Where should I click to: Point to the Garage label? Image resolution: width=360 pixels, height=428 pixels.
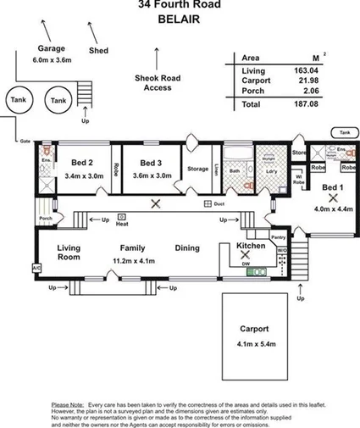[51, 48]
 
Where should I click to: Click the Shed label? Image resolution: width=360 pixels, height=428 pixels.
[99, 51]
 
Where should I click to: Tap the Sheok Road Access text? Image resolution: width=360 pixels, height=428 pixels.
[158, 82]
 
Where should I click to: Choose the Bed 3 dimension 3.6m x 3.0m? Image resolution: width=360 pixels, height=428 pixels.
[152, 175]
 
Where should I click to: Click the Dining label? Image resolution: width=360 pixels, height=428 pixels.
[187, 248]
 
